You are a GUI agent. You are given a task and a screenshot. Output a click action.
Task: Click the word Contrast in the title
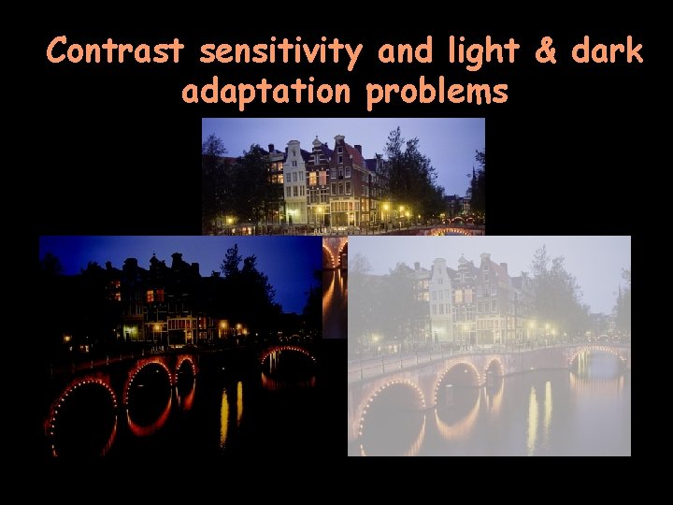click(x=115, y=51)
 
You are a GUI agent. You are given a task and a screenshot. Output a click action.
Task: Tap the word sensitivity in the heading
click(x=279, y=53)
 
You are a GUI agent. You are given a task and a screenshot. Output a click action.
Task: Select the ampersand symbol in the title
click(x=545, y=51)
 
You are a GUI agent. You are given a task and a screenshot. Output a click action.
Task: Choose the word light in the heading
click(x=480, y=53)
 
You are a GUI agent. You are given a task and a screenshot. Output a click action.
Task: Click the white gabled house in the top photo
click(x=295, y=178)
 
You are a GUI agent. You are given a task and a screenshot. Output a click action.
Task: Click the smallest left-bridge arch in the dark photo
click(x=185, y=369)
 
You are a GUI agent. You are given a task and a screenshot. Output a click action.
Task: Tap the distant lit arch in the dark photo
click(x=288, y=360)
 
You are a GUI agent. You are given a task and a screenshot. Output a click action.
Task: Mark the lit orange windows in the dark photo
click(x=150, y=296)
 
